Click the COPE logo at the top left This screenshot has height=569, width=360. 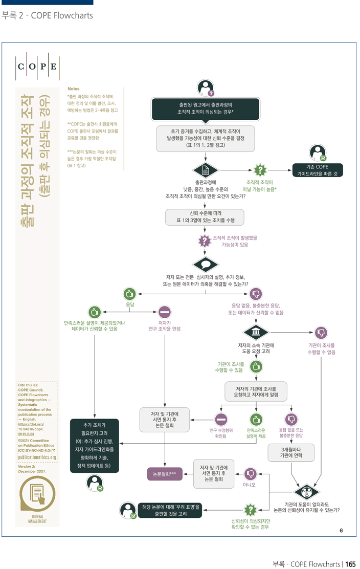click(x=38, y=67)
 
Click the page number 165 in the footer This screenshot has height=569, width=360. click(x=350, y=564)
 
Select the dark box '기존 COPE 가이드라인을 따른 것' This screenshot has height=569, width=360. click(x=317, y=170)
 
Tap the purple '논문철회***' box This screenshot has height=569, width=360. click(x=164, y=474)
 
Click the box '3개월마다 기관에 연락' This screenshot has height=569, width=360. click(x=291, y=452)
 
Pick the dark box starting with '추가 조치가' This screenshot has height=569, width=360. click(x=94, y=445)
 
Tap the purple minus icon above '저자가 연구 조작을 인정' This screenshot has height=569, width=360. click(x=164, y=312)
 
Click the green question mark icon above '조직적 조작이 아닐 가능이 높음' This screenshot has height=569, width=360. click(x=260, y=170)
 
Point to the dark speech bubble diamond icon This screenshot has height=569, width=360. click(x=205, y=265)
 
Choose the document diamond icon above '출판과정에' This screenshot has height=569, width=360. click(x=205, y=170)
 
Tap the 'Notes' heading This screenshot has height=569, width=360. click(x=73, y=89)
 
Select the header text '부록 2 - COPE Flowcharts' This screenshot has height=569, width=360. click(x=47, y=16)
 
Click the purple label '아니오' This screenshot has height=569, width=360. click(x=249, y=485)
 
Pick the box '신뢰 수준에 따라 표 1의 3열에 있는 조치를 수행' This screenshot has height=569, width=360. click(x=205, y=216)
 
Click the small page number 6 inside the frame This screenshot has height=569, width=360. click(x=341, y=530)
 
